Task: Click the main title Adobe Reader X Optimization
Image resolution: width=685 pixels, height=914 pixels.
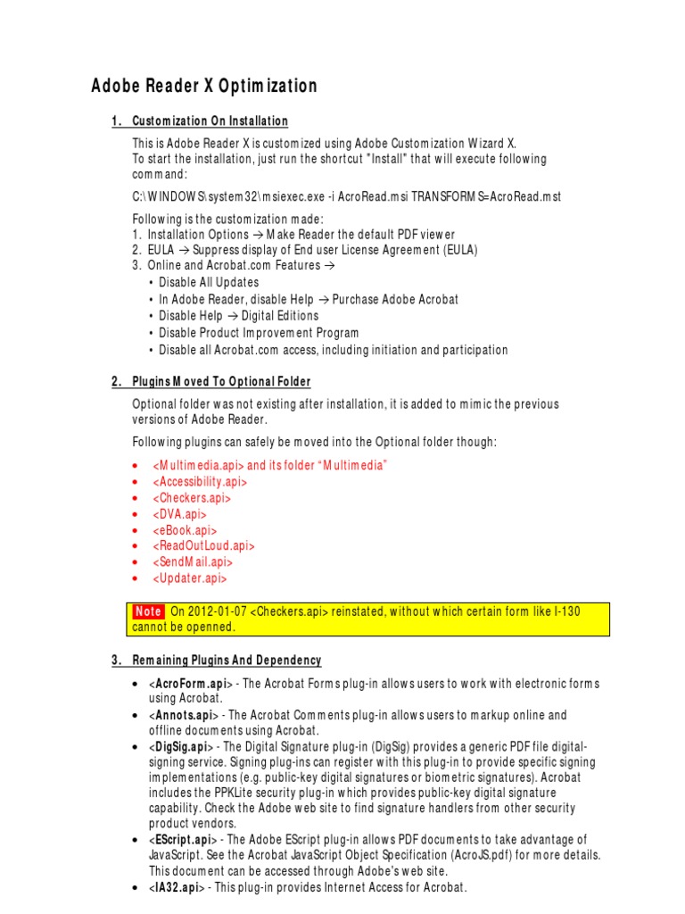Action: (x=204, y=86)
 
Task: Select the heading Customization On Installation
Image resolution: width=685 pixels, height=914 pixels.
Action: (x=210, y=120)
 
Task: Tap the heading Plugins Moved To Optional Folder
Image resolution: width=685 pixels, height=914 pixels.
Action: (x=221, y=381)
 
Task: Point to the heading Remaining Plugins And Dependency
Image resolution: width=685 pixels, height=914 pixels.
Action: (x=227, y=660)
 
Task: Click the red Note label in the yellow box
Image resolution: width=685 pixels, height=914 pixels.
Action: (x=148, y=611)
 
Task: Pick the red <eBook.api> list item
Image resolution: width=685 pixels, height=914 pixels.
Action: (x=186, y=530)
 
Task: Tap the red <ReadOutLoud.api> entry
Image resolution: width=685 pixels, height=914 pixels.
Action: (x=203, y=546)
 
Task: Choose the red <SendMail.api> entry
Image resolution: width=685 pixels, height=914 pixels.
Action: (x=193, y=562)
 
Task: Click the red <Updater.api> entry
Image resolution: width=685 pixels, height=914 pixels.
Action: (x=189, y=578)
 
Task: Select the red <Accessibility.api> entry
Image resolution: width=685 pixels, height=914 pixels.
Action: (x=200, y=482)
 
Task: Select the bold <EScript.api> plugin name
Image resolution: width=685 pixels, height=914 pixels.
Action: (x=185, y=840)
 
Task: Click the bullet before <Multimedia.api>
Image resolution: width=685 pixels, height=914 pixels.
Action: (x=134, y=466)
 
